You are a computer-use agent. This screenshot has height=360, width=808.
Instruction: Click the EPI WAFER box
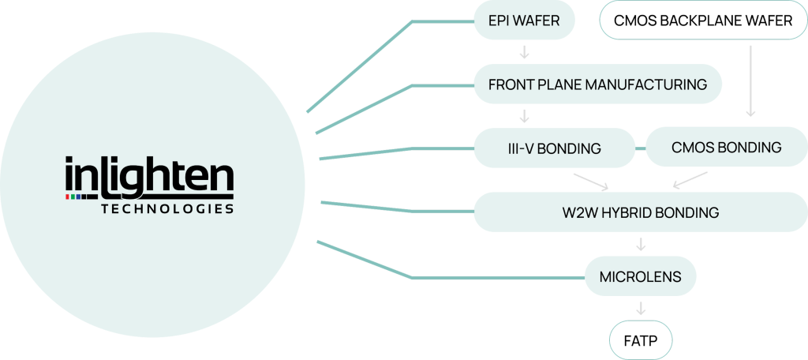tap(524, 21)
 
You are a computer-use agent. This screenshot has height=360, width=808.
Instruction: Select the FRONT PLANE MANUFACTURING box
tap(597, 84)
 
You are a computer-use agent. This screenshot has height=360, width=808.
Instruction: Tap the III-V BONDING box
tap(554, 148)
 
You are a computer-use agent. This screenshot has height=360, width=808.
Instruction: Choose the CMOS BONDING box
tap(726, 148)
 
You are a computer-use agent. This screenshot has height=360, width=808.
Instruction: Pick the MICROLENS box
tap(641, 277)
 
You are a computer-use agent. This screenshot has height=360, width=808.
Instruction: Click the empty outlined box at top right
tap(703, 21)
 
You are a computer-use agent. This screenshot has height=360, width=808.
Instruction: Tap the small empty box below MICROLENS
tap(641, 340)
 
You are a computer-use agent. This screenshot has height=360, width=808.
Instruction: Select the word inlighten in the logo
tap(149, 175)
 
